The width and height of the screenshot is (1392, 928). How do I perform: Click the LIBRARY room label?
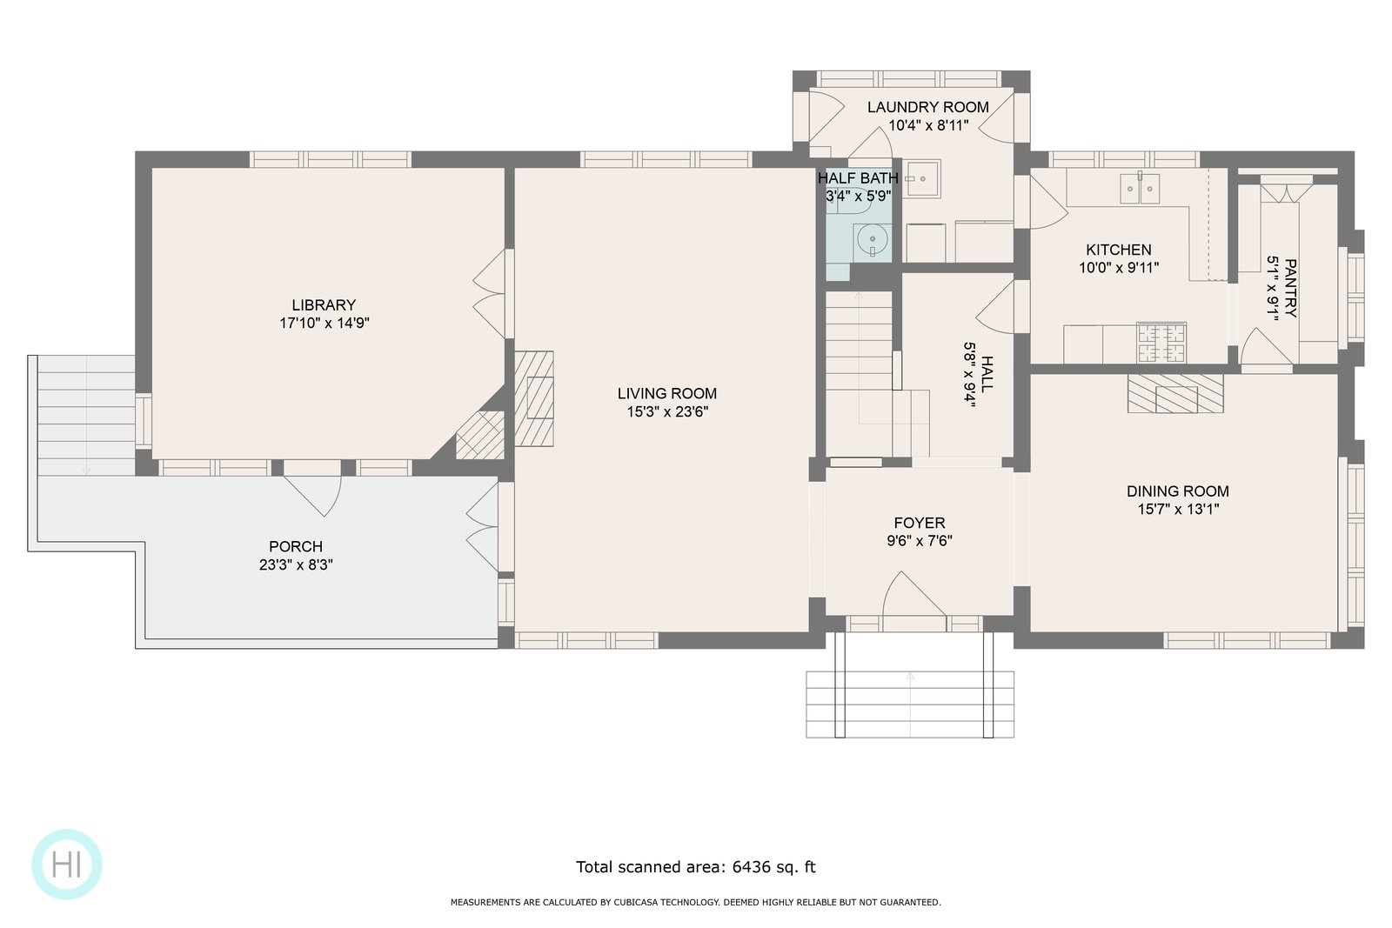pos(324,305)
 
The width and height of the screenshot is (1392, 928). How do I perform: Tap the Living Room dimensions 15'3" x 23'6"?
pos(667,412)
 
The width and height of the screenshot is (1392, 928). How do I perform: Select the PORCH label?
pos(296,546)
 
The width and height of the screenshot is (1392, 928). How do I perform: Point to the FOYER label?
pos(920,523)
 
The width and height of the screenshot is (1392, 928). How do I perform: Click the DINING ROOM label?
pos(1178,491)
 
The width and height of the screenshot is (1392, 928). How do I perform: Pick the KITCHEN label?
pos(1119,250)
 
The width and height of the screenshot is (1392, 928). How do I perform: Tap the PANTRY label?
pos(1290,288)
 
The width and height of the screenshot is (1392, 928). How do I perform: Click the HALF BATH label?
pos(858,178)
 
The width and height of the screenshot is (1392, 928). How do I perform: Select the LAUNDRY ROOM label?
pos(928,108)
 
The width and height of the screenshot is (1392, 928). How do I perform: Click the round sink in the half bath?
pos(873,240)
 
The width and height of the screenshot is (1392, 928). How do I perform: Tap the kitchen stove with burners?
pos(1161,343)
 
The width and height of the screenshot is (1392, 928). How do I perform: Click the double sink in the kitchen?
pos(1140,188)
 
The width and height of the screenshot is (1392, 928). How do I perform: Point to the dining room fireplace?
pos(1175,393)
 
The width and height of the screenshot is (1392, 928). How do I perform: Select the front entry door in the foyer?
pos(914,597)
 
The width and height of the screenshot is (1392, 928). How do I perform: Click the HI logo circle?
pos(66,864)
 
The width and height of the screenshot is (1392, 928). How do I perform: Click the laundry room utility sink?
pos(921,179)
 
